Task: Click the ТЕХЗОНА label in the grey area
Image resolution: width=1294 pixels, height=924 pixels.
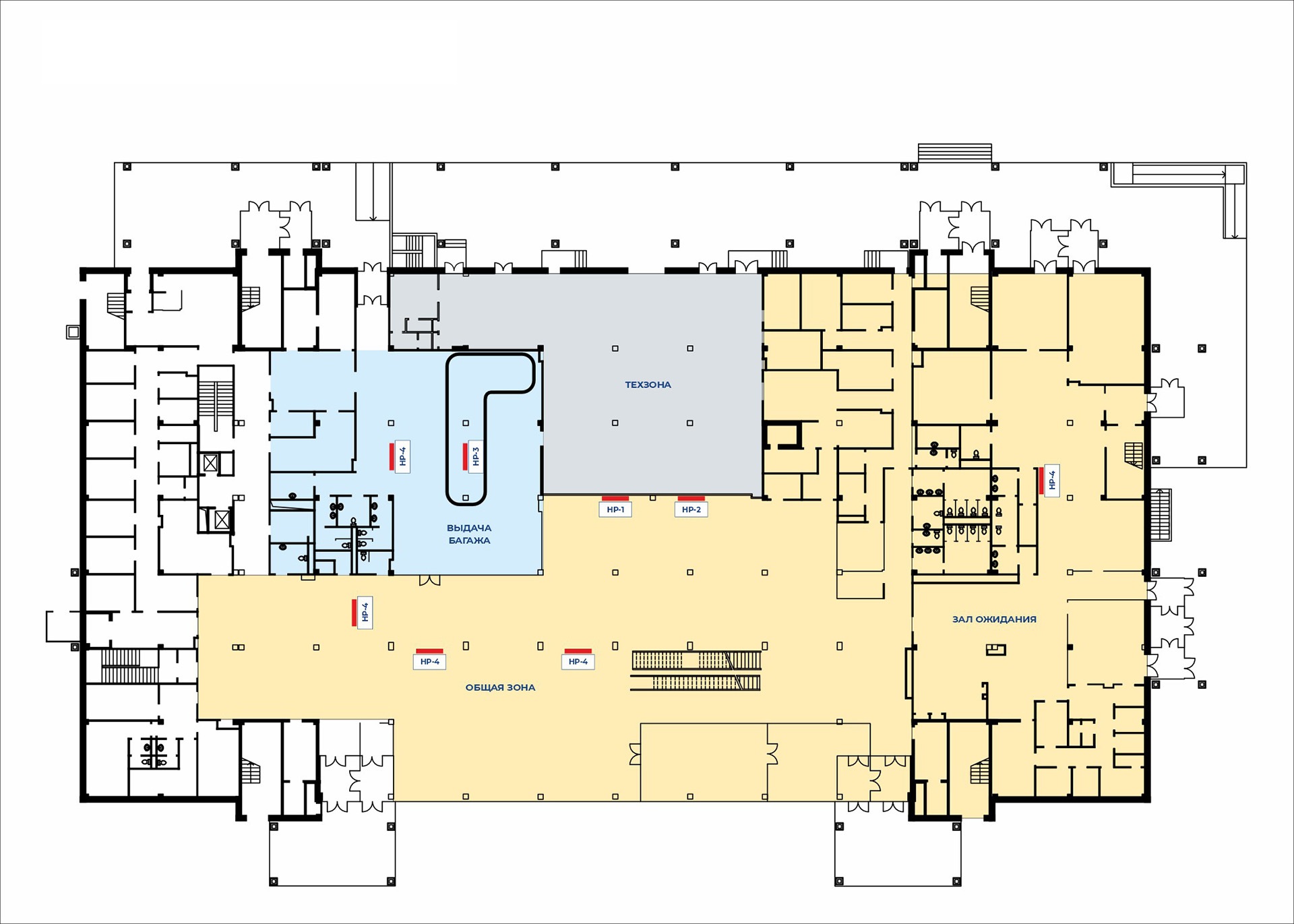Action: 648,385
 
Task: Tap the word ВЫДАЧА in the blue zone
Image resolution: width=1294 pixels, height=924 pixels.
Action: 469,528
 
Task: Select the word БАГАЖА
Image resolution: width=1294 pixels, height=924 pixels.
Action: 470,541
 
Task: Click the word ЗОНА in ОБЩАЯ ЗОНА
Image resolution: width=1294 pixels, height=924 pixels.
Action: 521,687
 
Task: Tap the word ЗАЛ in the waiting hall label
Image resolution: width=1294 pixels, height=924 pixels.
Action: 962,619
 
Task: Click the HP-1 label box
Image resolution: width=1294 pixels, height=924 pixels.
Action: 615,510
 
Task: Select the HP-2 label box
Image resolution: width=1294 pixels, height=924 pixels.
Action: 691,510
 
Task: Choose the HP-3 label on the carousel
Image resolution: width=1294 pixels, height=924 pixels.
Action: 476,457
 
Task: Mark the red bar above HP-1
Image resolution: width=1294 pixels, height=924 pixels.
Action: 615,499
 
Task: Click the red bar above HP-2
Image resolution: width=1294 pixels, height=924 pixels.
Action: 691,499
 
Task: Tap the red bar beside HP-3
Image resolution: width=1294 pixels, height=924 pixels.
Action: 464,456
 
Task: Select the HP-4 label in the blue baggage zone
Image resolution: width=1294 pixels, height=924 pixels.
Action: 403,457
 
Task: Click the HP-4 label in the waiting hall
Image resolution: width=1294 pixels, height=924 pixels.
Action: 1052,480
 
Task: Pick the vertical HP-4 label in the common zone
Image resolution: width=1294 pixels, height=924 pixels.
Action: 365,613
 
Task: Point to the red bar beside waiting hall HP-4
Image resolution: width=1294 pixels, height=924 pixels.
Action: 1041,480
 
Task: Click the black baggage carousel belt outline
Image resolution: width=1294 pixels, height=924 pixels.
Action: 448,431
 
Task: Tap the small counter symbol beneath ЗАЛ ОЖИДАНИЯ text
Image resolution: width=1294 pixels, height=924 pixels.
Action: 995,650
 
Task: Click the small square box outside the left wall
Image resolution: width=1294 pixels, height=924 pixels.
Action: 73,332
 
